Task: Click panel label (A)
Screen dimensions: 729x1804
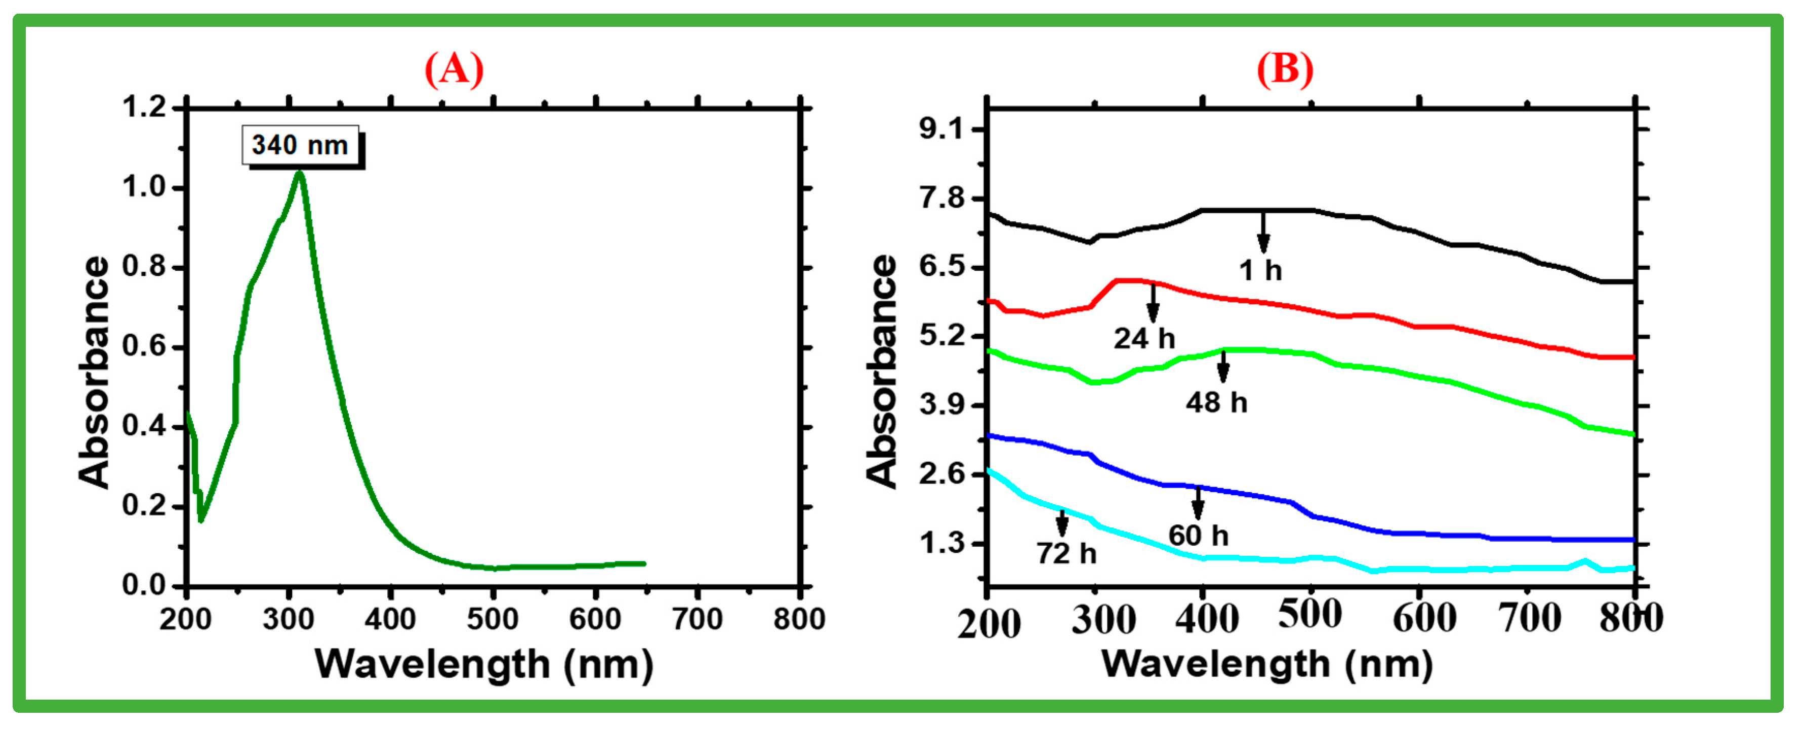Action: (454, 69)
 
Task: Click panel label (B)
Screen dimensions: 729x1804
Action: (1285, 69)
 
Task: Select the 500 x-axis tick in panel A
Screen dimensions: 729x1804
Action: (493, 619)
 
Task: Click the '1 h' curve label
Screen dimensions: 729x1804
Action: (1260, 271)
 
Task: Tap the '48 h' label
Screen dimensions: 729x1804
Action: (1216, 402)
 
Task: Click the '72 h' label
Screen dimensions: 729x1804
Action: (1066, 554)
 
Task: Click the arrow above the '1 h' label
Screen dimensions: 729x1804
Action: (1263, 231)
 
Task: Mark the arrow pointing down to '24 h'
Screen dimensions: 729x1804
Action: (1153, 303)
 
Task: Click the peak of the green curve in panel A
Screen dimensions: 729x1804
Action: (300, 173)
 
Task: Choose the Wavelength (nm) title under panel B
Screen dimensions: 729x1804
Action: (1267, 663)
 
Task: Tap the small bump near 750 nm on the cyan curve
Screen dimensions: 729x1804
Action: (1584, 561)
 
